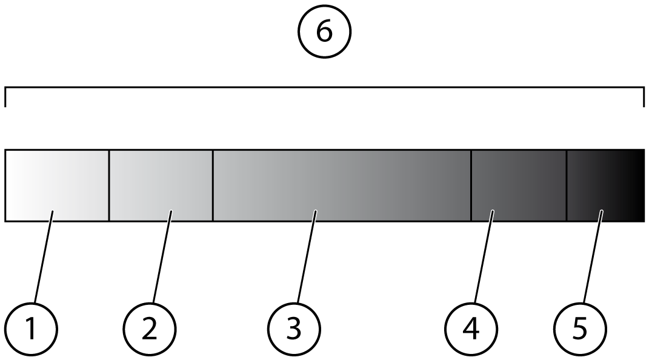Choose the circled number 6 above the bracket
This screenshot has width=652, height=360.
click(325, 32)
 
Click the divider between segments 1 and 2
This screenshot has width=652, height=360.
click(109, 185)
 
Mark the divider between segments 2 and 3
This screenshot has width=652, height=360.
click(213, 185)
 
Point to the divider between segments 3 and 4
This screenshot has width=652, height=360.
click(471, 185)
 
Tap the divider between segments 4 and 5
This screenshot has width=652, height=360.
click(567, 185)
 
